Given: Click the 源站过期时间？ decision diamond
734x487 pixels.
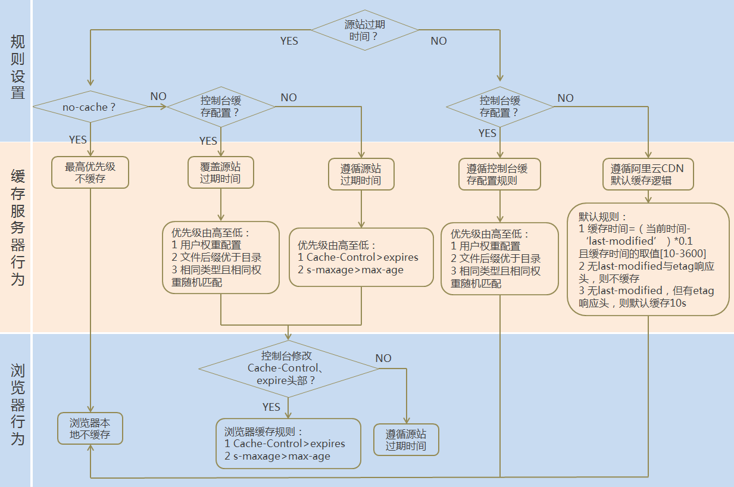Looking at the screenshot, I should pos(365,30).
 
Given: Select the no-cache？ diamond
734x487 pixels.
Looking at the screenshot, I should pos(90,107).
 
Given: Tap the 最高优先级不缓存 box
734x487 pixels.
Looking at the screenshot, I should pos(90,173).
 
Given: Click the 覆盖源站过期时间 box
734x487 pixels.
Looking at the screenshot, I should pos(220,173).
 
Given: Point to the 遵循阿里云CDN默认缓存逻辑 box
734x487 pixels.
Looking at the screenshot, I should pos(647,174).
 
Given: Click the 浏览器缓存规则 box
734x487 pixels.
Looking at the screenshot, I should pos(288,444).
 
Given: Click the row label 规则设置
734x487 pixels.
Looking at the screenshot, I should pos(18,67).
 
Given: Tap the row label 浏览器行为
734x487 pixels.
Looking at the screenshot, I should pos(18,405).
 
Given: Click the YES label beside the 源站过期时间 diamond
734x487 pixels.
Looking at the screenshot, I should pos(289,41).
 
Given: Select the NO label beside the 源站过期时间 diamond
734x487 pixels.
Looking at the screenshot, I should pos(439,41).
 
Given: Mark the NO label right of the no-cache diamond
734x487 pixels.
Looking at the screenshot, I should pos(158,96).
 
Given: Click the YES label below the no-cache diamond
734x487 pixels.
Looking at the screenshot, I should pos(78,140).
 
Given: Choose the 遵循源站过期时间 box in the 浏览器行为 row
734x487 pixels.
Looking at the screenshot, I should pos(406,440).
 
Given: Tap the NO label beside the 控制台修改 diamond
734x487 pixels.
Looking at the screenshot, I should pos(383,358).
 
